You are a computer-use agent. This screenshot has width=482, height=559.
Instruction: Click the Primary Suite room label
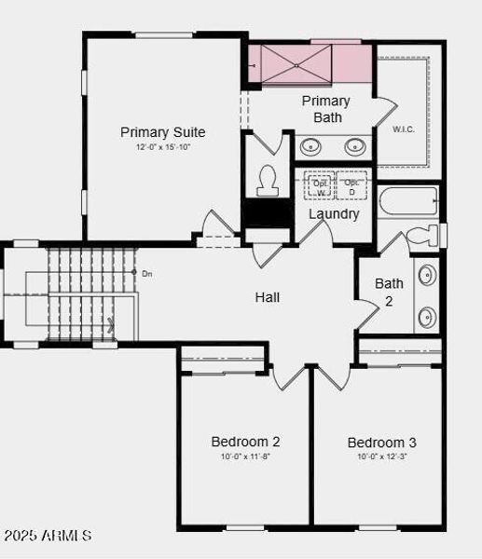[x=162, y=132]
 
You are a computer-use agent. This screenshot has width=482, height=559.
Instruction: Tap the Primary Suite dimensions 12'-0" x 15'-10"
[x=162, y=147]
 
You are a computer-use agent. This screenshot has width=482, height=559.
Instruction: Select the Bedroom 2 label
[x=245, y=442]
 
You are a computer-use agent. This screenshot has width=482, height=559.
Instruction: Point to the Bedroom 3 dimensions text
[x=382, y=457]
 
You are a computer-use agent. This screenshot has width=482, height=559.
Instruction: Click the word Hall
[x=268, y=297]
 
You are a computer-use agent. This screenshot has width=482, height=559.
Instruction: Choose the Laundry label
[x=334, y=213]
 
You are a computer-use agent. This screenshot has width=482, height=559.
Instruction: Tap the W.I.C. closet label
[x=404, y=129]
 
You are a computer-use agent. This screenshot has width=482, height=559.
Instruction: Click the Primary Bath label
[x=326, y=109]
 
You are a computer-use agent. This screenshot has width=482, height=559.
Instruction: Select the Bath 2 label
[x=389, y=292]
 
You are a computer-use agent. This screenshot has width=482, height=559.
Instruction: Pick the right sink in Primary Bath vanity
[x=355, y=146]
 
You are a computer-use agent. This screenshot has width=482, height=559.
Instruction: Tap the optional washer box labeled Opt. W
[x=320, y=186]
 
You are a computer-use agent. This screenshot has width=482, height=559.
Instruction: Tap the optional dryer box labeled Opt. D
[x=351, y=186]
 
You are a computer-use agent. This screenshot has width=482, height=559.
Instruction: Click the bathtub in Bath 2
[x=408, y=202]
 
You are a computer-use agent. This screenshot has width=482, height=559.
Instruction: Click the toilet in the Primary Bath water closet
[x=267, y=179]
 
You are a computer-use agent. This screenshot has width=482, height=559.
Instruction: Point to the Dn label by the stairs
[x=146, y=273]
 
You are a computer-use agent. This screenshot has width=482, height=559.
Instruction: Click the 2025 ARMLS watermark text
[x=48, y=536]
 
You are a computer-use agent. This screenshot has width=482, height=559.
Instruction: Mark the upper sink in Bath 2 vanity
[x=427, y=276]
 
